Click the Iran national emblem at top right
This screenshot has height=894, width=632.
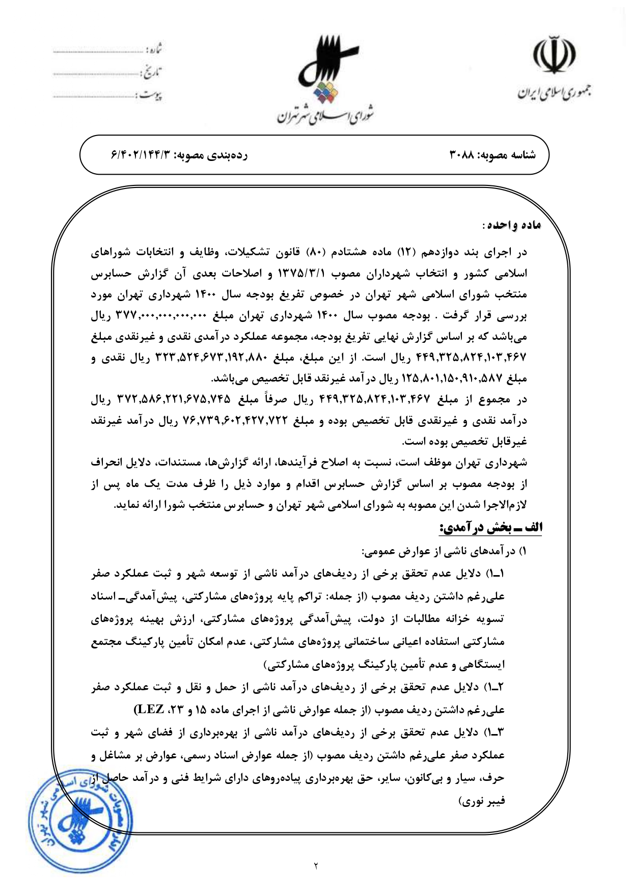(x=554, y=55)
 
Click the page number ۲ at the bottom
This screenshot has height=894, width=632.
(x=316, y=865)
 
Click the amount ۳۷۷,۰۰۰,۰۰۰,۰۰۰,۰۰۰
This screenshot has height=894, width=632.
(x=161, y=316)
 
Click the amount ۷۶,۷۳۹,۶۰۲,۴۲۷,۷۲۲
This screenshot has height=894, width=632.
(x=233, y=421)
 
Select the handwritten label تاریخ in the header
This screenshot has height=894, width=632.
(x=151, y=73)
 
